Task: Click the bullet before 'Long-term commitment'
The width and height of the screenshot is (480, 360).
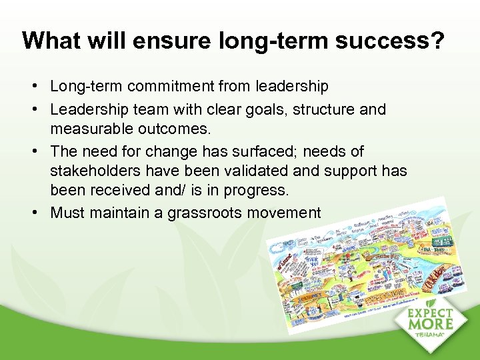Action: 41,87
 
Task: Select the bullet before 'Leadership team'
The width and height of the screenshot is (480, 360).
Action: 41,109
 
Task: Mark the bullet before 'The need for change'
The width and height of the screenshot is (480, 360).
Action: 41,151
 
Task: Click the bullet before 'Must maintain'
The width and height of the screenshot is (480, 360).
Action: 41,213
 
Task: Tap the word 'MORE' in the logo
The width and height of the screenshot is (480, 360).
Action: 431,323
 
